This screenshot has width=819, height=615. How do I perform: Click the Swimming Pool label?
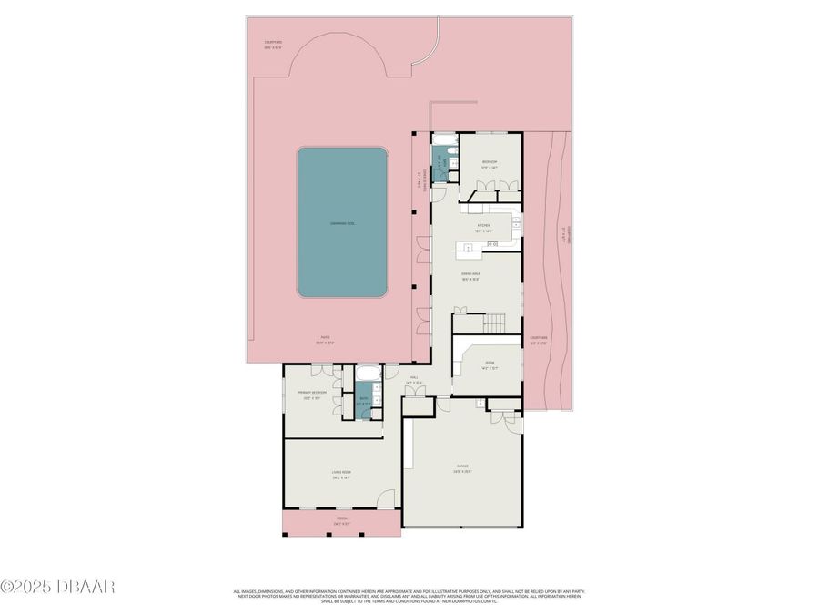pos(342,223)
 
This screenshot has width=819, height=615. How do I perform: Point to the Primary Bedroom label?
pos(311,395)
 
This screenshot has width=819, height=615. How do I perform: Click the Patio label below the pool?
pos(325,341)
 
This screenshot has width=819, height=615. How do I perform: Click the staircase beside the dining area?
pos(495,323)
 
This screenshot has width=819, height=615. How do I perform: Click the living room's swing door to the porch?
pos(388,499)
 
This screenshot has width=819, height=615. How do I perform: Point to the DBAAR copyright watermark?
pos(57,586)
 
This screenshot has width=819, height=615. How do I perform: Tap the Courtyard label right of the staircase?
pos(539,341)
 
